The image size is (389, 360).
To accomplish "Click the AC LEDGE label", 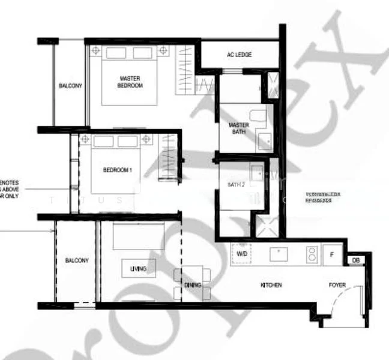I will [239, 55].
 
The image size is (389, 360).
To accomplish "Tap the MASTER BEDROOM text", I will [130, 82].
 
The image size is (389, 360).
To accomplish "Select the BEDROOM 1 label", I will [117, 170].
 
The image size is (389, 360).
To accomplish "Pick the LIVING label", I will [138, 269].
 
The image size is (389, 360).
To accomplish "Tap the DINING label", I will [193, 286].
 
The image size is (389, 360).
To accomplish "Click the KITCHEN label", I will [271, 284].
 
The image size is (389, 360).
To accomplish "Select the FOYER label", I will [337, 285].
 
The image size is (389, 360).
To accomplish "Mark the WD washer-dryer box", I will [242, 254].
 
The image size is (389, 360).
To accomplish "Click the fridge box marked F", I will [332, 254].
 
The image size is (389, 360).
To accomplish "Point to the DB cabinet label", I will [355, 260].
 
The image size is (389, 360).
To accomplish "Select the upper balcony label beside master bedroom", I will [70, 86].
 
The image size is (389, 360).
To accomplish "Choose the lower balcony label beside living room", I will [77, 260].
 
